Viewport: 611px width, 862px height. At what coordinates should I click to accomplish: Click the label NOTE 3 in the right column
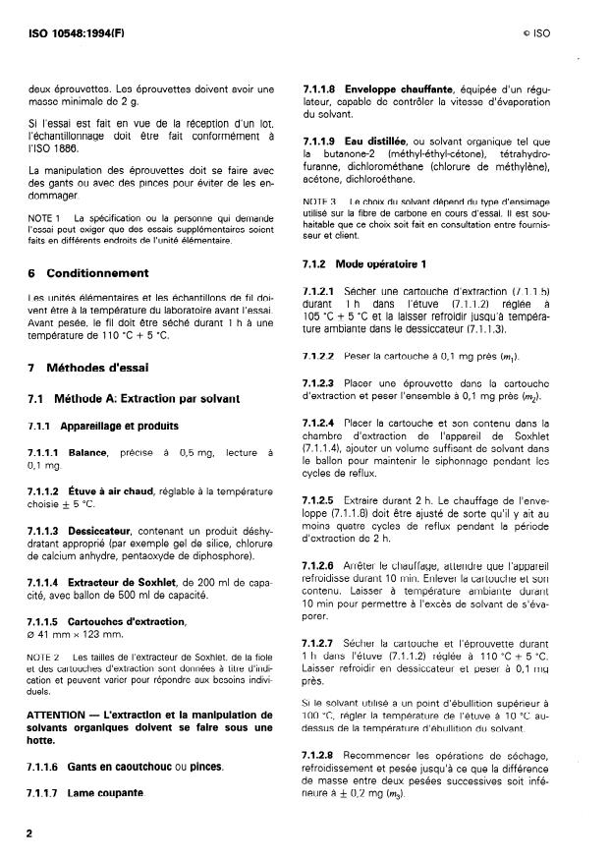tap(317, 201)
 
